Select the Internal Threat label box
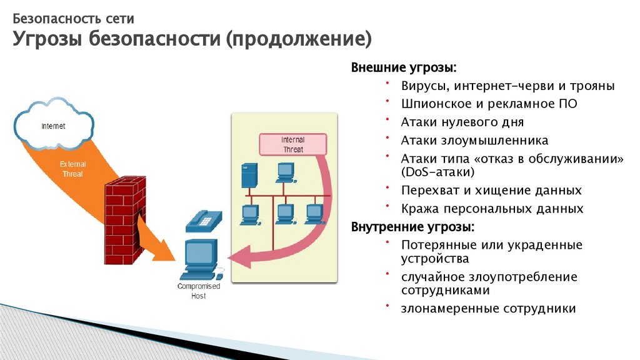[x=292, y=145]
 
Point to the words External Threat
[x=72, y=169]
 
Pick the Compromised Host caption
[x=198, y=291]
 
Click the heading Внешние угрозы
[x=403, y=67]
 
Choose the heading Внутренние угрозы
[x=412, y=226]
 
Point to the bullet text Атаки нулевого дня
[x=462, y=122]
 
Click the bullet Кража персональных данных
[x=492, y=209]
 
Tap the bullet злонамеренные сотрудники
[x=488, y=308]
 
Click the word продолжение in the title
[x=298, y=40]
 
